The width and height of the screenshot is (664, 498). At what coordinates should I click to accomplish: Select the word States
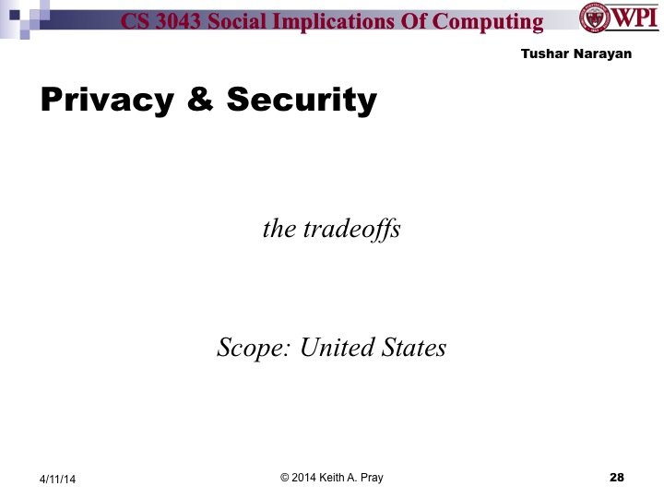click(414, 348)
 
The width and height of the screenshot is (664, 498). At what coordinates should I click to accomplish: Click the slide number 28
click(617, 477)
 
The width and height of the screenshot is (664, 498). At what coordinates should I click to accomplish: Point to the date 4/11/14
click(57, 479)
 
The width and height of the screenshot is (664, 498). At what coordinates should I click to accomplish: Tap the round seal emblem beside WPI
click(594, 18)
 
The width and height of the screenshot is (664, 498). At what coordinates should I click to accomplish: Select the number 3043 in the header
click(184, 22)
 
